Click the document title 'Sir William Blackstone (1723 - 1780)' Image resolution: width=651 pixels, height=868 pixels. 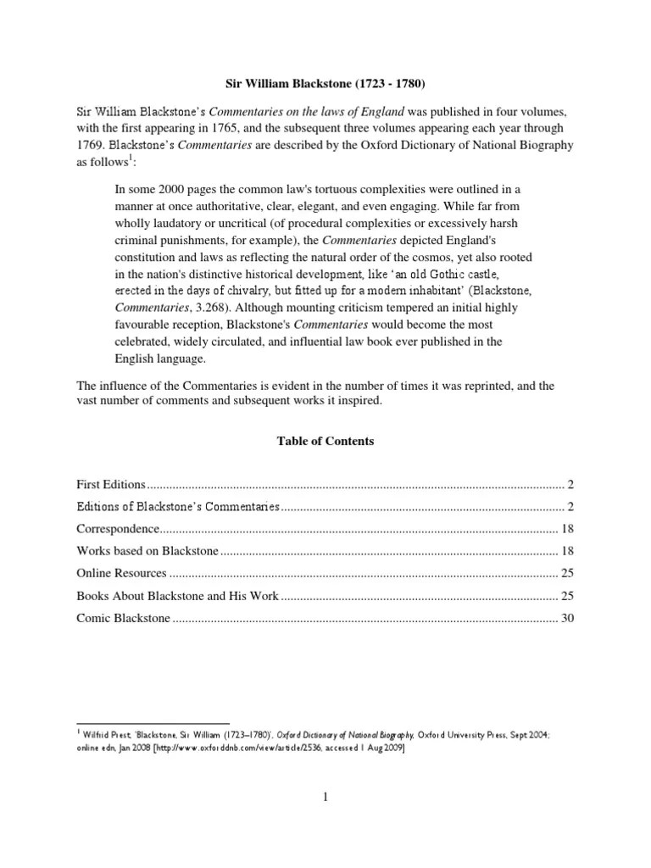(325, 86)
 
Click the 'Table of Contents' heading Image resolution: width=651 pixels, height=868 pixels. (325, 442)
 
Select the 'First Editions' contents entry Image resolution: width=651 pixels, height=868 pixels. (111, 484)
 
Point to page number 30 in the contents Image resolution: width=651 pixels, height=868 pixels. (567, 618)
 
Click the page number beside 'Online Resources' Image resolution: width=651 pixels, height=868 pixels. (567, 573)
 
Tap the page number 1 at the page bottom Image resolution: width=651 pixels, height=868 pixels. (325, 797)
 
